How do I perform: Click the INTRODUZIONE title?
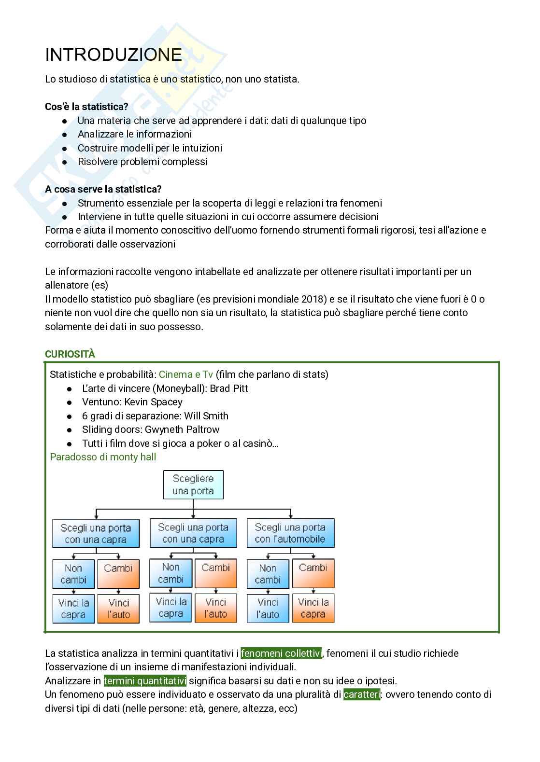(114, 55)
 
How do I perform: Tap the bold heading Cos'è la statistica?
(86, 107)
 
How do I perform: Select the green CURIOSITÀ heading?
(70, 354)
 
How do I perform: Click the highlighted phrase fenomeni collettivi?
(281, 653)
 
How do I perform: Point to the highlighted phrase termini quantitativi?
(145, 681)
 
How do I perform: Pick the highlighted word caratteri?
(362, 694)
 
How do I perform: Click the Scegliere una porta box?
(193, 485)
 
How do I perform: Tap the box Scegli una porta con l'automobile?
(290, 533)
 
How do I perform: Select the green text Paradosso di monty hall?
(103, 457)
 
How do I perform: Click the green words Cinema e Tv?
(185, 374)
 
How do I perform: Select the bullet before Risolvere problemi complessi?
(65, 162)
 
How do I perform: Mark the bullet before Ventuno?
(70, 402)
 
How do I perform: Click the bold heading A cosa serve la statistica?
(103, 189)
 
